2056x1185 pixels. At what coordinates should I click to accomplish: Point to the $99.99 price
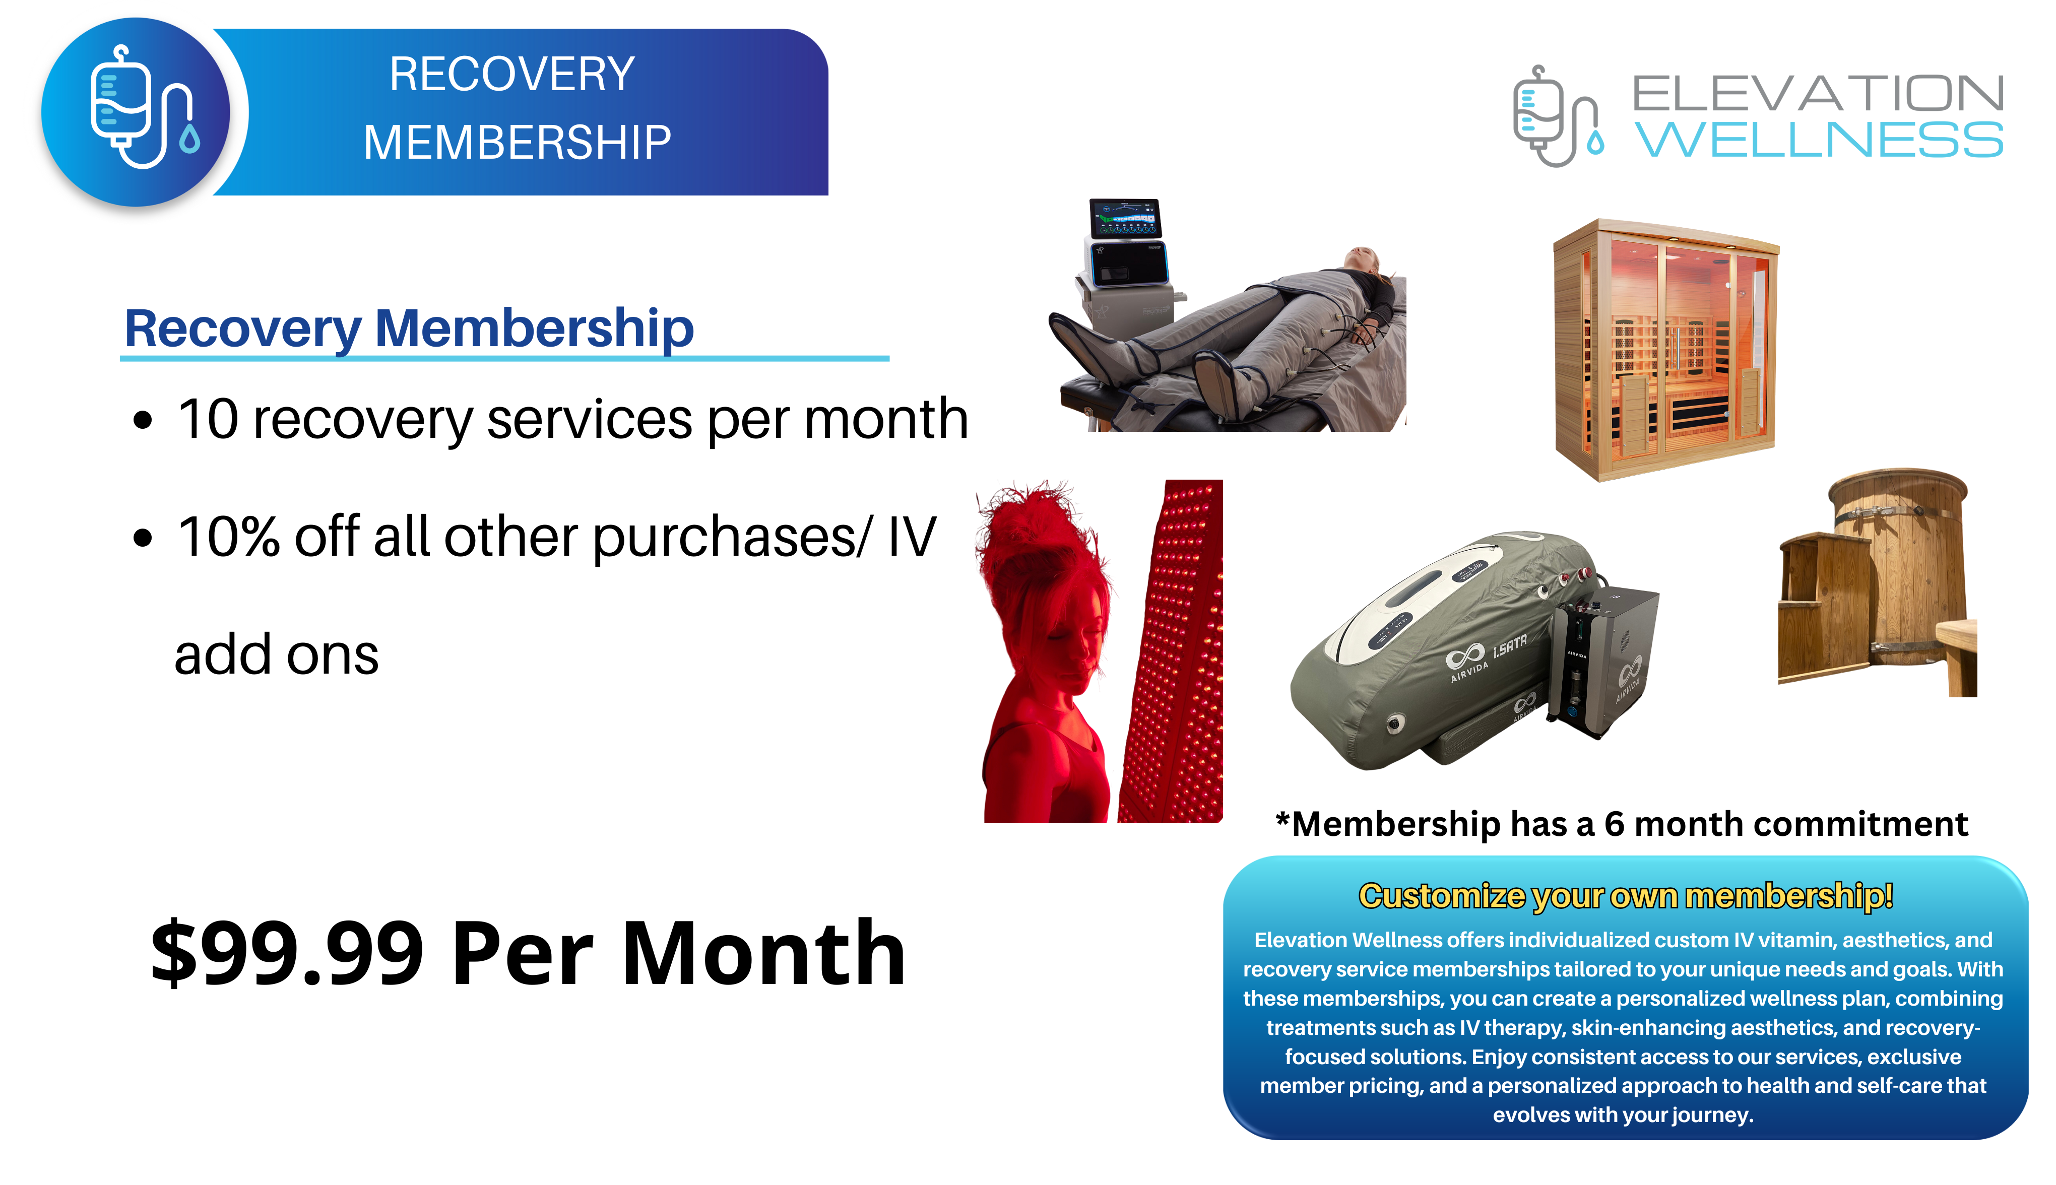click(x=287, y=952)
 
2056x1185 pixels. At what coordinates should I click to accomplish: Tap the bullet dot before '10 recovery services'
click(x=143, y=421)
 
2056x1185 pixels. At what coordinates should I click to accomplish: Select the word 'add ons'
click(x=277, y=655)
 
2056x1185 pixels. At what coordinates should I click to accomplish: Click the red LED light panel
click(x=1172, y=650)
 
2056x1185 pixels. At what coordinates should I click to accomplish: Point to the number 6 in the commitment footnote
click(x=1614, y=824)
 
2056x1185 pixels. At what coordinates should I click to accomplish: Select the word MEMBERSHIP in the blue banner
click(x=518, y=143)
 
